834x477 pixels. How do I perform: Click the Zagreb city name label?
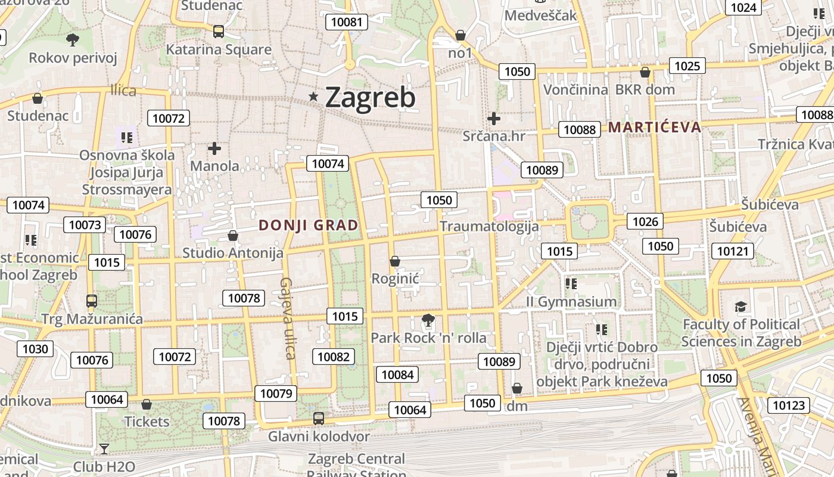coord(370,98)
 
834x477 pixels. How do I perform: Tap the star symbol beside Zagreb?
coord(313,97)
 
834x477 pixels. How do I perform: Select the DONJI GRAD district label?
coord(309,225)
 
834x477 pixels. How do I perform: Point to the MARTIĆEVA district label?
coord(655,127)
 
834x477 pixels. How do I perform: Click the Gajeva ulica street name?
coord(288,318)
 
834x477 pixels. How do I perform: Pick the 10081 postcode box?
coord(346,23)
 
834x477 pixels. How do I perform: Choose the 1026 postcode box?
coord(645,222)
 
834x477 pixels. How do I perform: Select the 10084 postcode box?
coord(397,374)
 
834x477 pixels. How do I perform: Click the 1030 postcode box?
coord(35,349)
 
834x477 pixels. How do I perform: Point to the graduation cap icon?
coord(740,306)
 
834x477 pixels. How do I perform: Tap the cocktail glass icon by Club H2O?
coord(104,448)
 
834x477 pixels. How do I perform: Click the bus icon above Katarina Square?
coord(219,32)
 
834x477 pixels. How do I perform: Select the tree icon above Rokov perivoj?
coord(73,40)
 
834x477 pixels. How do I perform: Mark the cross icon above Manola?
coord(214,148)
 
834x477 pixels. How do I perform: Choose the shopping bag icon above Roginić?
coord(394,261)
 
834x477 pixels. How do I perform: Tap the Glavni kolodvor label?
coord(319,436)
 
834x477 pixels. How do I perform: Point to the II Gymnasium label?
coord(571,302)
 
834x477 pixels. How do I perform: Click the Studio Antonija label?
coord(233,253)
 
